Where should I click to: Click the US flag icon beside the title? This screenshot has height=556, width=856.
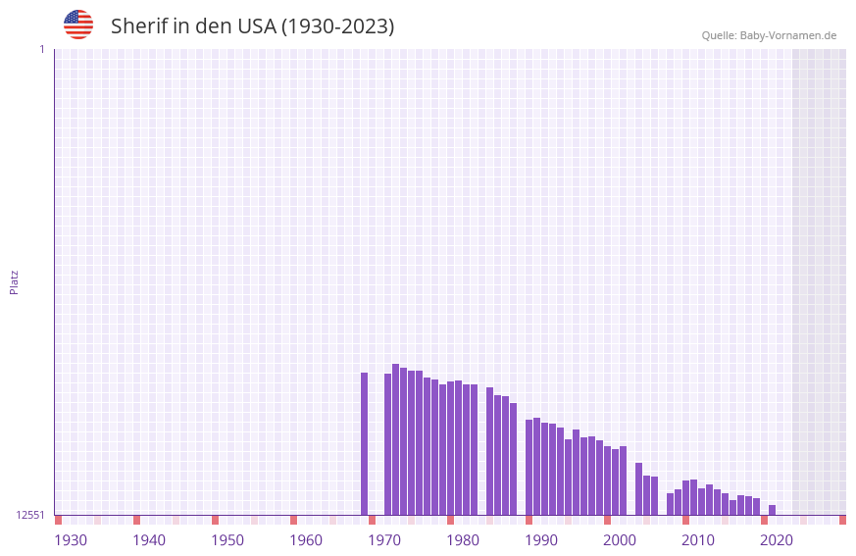click(x=78, y=25)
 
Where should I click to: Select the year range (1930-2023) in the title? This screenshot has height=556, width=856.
click(x=338, y=26)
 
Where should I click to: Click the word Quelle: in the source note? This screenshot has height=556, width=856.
click(x=719, y=35)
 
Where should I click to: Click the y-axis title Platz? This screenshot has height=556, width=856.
click(x=14, y=281)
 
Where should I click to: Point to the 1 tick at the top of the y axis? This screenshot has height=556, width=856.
click(x=41, y=49)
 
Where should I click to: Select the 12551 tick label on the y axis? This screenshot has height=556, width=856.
click(x=31, y=515)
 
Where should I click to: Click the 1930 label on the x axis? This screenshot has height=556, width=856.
click(x=71, y=540)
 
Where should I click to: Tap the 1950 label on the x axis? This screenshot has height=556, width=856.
click(x=227, y=540)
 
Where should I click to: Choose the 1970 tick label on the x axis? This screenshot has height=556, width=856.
click(x=384, y=540)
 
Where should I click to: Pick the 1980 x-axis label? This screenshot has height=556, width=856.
click(x=463, y=540)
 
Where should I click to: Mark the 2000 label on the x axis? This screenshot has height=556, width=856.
click(x=620, y=540)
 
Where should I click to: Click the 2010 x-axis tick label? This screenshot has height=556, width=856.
click(x=698, y=540)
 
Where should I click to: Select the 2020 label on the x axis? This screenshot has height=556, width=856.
click(x=777, y=540)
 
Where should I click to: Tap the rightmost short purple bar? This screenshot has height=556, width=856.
click(x=773, y=510)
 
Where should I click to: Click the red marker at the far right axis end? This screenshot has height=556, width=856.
click(x=842, y=520)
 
